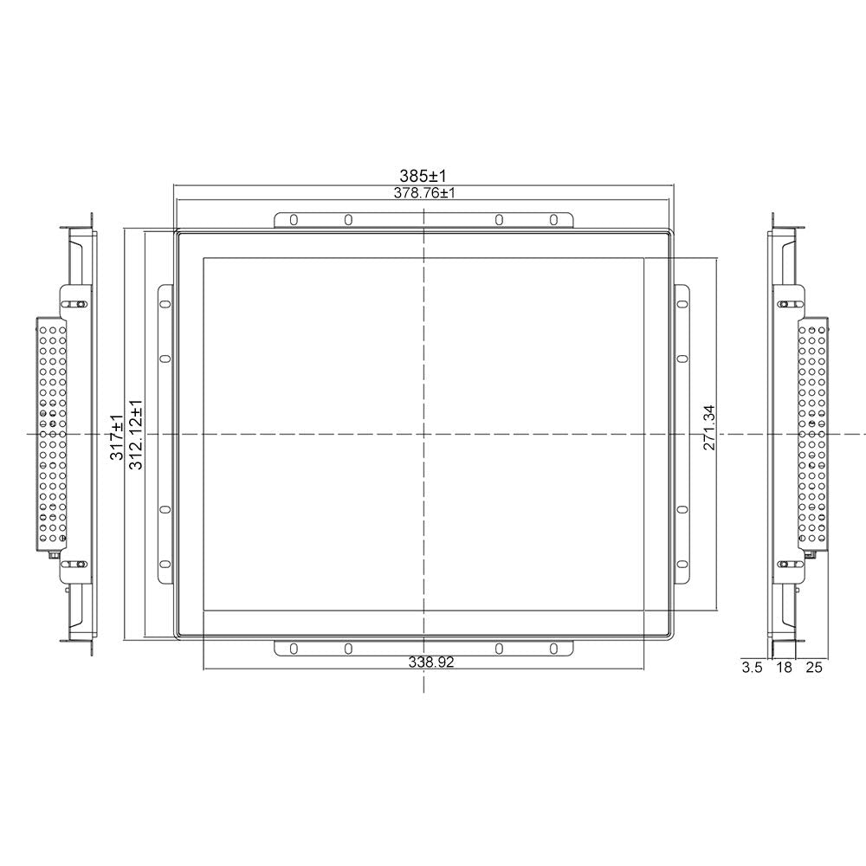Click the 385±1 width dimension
pyautogui.click(x=423, y=176)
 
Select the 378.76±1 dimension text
pyautogui.click(x=424, y=193)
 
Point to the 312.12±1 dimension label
pyautogui.click(x=135, y=435)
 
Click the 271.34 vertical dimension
pyautogui.click(x=709, y=428)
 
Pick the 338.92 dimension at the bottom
pyautogui.click(x=431, y=662)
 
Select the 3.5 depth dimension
pyautogui.click(x=752, y=668)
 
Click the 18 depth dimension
pyautogui.click(x=785, y=668)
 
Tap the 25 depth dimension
pyautogui.click(x=814, y=668)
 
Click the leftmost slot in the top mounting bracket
pyautogui.click(x=294, y=220)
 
